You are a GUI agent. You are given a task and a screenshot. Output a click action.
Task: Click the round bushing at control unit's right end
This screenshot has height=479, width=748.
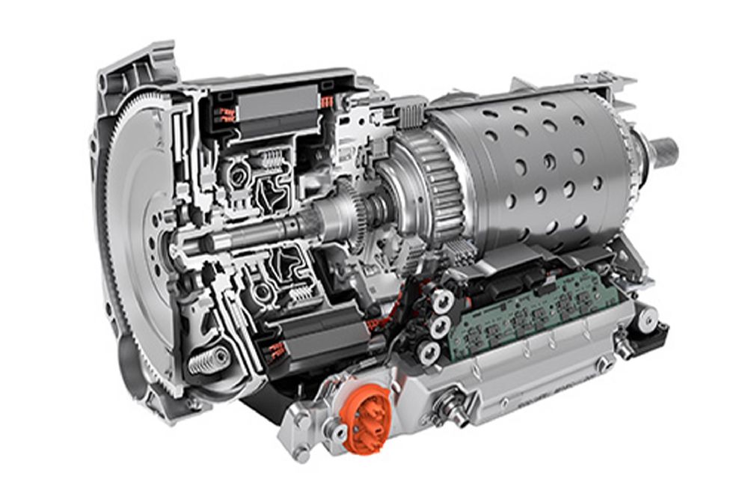646,320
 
